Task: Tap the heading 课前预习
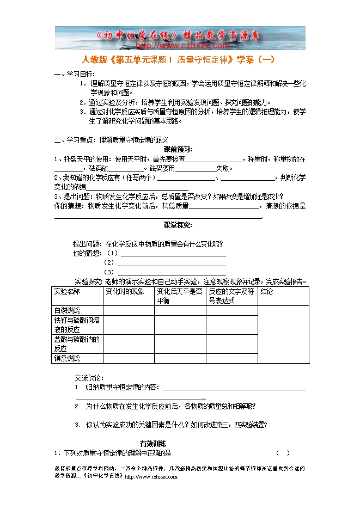178,149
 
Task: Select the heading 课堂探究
178,225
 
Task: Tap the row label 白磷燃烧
67,310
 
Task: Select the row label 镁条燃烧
67,358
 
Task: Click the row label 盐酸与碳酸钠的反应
77,344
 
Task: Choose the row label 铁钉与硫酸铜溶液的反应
77,325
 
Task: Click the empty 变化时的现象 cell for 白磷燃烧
129,310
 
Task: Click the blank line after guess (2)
172,262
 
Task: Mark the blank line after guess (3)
172,272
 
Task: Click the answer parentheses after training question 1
283,453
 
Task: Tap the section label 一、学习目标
75,74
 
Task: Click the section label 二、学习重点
76,140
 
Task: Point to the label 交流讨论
89,377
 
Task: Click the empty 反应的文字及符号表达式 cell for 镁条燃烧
231,358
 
